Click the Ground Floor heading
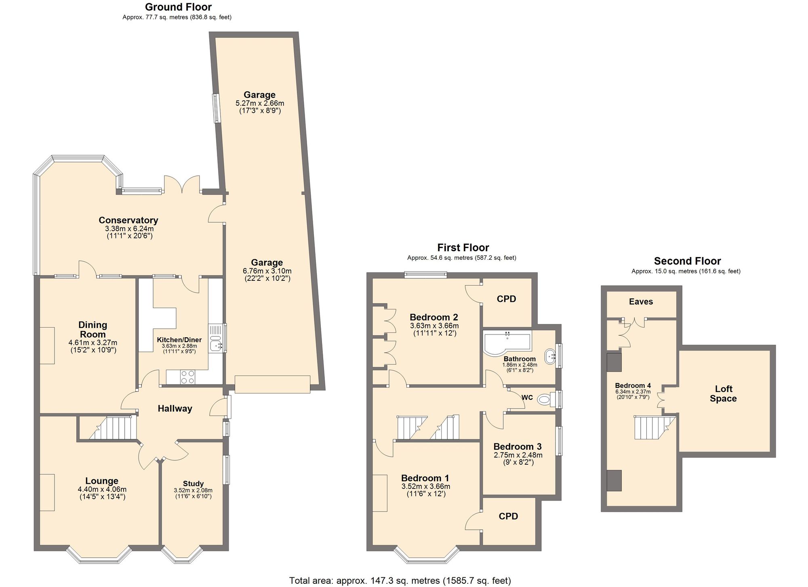pyautogui.click(x=178, y=7)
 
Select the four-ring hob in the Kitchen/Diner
pyautogui.click(x=187, y=377)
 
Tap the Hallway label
pyautogui.click(x=175, y=409)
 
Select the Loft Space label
pyautogui.click(x=723, y=394)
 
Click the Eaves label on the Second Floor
pyautogui.click(x=641, y=302)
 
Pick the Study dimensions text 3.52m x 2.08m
pyautogui.click(x=193, y=490)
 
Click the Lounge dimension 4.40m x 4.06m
pyautogui.click(x=102, y=489)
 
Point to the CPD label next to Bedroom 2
pyautogui.click(x=506, y=299)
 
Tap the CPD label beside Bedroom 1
pyautogui.click(x=508, y=516)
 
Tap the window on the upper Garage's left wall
pyautogui.click(x=216, y=108)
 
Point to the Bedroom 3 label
pyautogui.click(x=517, y=447)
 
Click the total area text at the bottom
pyautogui.click(x=400, y=581)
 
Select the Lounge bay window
pyautogui.click(x=99, y=556)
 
